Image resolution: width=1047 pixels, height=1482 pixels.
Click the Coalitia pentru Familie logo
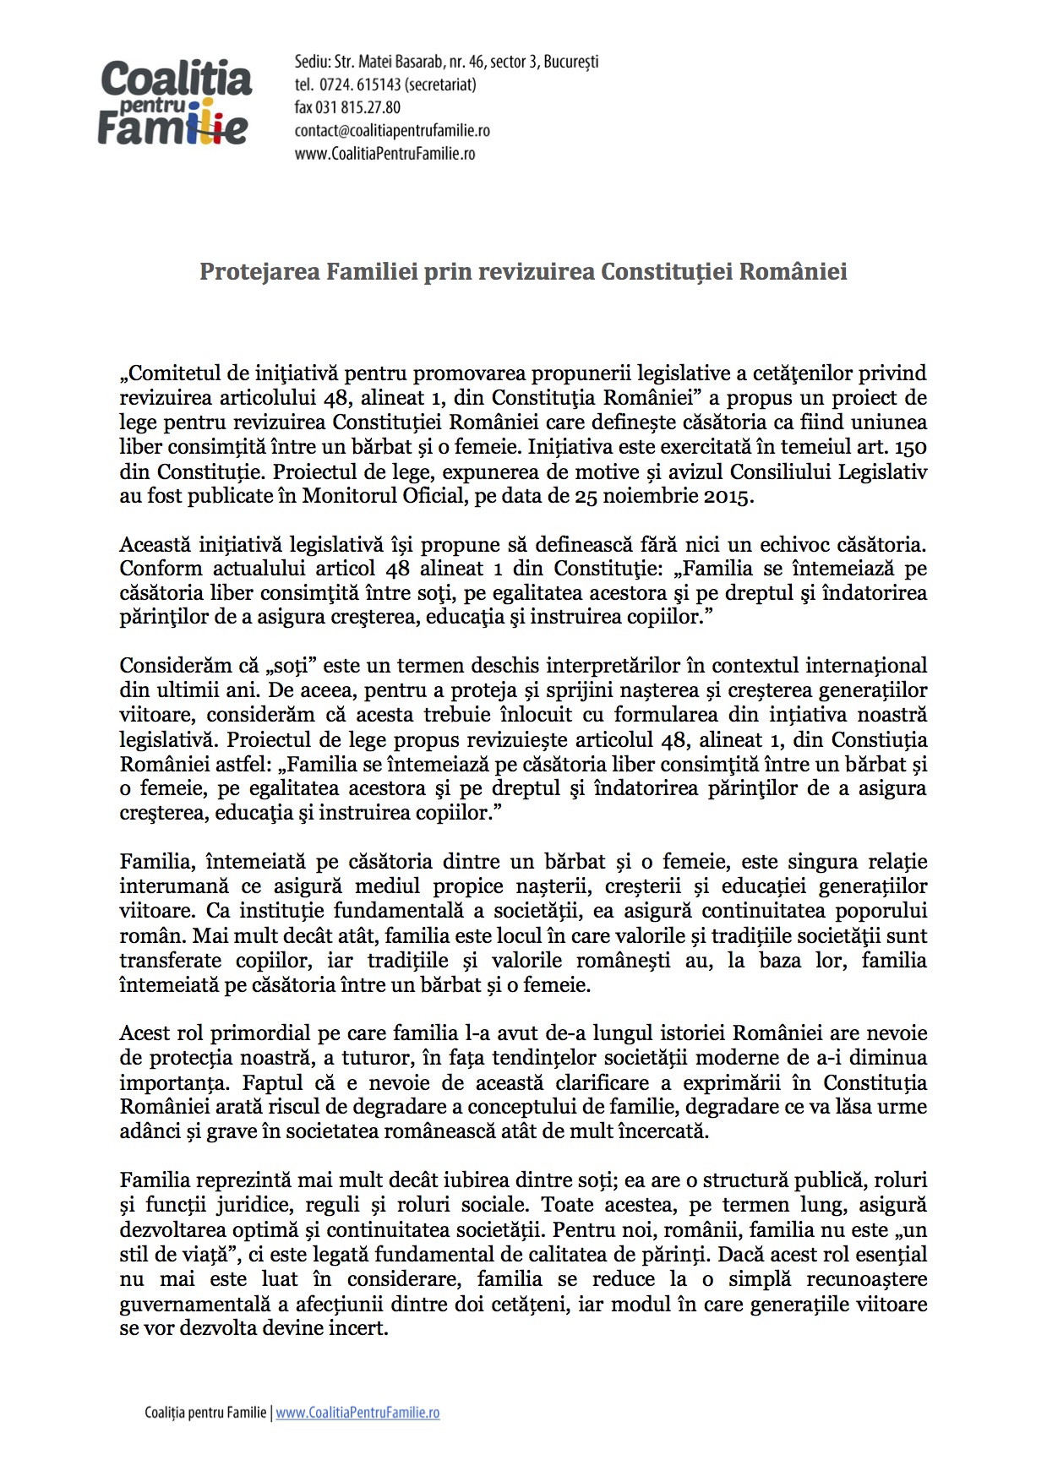click(x=175, y=102)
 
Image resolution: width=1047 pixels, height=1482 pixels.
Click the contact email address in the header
click(x=392, y=131)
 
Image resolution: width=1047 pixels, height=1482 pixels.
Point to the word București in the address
click(x=570, y=62)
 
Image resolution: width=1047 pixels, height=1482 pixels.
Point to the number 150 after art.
click(x=909, y=447)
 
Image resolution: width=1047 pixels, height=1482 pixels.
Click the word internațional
click(x=872, y=666)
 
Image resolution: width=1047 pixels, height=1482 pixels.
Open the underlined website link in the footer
click(x=357, y=1413)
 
